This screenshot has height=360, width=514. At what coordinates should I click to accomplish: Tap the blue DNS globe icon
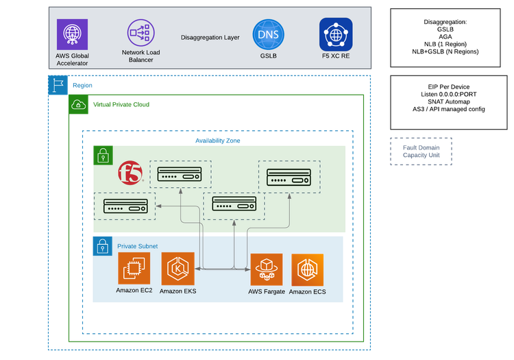[268, 34]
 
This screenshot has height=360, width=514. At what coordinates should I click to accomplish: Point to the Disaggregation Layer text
[210, 37]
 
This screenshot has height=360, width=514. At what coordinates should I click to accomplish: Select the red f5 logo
[130, 173]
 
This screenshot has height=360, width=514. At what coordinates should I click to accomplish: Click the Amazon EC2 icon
[134, 269]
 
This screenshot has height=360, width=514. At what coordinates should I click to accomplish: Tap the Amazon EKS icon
[178, 269]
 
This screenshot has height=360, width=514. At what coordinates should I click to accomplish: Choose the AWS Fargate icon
[267, 269]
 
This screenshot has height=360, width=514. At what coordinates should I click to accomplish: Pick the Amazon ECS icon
[308, 269]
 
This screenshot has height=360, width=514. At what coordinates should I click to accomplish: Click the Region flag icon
[56, 85]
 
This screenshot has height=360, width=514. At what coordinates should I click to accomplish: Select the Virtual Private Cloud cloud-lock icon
[79, 105]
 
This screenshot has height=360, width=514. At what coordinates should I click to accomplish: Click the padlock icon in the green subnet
[102, 155]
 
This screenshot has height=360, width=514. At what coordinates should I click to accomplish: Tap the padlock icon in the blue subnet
[102, 245]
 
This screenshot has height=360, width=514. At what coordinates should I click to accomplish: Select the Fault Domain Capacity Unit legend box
[421, 151]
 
